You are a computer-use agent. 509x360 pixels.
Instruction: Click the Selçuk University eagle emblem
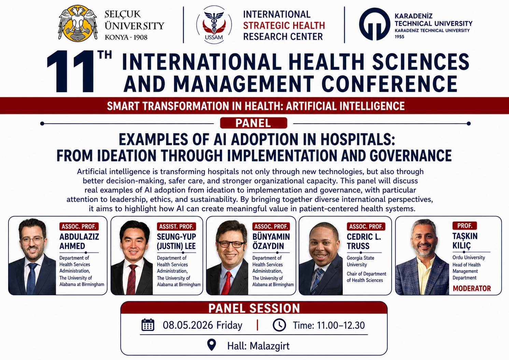tap(78, 24)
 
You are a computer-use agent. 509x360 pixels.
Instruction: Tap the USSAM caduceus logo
tap(214, 25)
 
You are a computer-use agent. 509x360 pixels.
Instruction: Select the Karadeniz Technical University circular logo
tap(374, 24)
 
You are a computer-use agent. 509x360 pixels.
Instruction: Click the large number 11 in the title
tap(70, 71)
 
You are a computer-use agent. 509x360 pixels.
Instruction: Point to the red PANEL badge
tap(253, 123)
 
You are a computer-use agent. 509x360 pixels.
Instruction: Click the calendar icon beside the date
tap(148, 325)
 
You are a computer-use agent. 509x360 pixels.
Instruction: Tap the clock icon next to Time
tap(279, 325)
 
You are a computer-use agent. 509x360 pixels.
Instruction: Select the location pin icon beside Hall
tap(212, 345)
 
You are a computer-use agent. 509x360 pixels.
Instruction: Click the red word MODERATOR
tap(472, 288)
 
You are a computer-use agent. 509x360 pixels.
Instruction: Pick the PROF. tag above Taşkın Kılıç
tap(465, 226)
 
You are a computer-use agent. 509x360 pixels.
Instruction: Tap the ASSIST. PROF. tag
tap(176, 227)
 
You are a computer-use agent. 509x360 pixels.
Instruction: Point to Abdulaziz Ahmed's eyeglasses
tap(32, 240)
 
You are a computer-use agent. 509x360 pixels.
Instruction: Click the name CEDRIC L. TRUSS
tap(364, 241)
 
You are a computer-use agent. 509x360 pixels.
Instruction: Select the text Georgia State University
tap(360, 261)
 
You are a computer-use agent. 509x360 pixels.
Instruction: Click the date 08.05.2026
tap(188, 325)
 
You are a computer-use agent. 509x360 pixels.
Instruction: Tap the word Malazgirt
tap(269, 346)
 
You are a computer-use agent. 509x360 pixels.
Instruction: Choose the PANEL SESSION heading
tap(254, 308)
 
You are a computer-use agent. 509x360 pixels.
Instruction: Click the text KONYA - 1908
tap(126, 37)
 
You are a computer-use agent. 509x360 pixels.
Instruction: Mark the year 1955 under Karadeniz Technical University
tap(399, 37)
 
